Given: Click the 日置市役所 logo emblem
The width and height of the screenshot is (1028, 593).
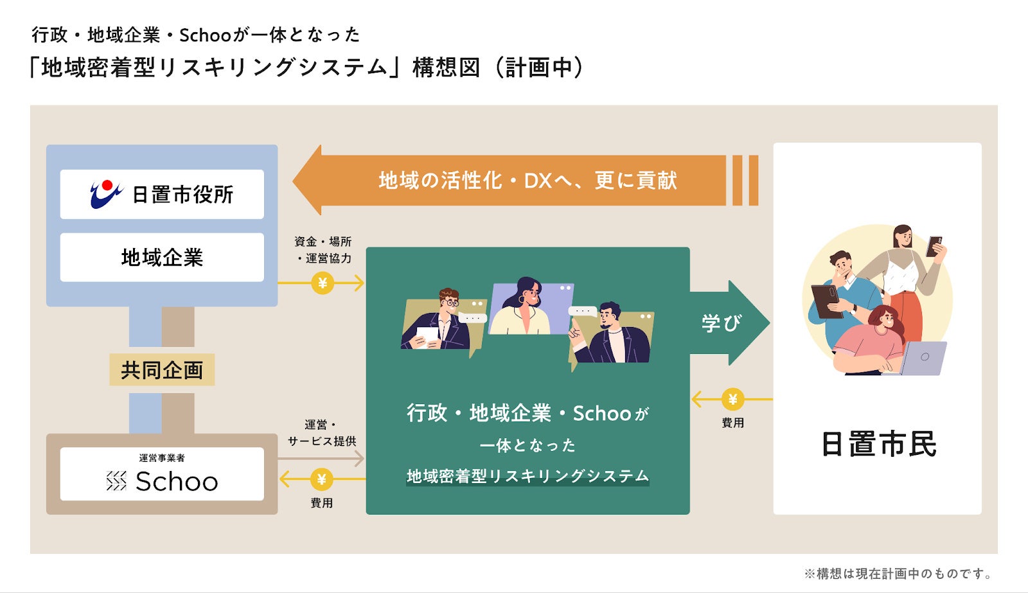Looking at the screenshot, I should tap(106, 194).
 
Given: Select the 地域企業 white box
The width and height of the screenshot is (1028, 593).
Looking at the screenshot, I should tap(162, 257).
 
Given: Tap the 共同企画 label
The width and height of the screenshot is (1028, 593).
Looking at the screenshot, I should tap(162, 370).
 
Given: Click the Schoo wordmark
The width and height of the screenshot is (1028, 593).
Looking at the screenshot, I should tap(177, 482).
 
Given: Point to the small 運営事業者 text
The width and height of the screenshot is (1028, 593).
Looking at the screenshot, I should tap(162, 458).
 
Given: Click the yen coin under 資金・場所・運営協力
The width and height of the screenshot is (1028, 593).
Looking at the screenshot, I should tap(323, 283).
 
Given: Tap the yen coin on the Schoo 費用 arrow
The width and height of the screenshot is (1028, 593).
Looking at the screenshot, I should tap(322, 479).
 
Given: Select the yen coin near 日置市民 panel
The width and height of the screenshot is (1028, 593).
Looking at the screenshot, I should tap(732, 400).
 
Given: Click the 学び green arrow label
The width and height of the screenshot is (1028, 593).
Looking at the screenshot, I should tap(721, 323).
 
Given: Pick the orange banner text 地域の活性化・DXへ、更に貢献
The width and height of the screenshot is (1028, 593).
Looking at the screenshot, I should tap(527, 181).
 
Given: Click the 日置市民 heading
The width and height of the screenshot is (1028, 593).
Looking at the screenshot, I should tap(878, 444).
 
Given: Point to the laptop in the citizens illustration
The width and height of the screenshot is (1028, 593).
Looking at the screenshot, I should tap(923, 358).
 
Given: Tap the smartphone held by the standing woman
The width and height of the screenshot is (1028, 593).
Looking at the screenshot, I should tap(934, 246).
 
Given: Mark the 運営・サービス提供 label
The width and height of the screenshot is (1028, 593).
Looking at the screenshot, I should tap(321, 433).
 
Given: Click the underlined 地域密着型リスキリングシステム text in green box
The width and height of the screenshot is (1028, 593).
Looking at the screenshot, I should tap(527, 476).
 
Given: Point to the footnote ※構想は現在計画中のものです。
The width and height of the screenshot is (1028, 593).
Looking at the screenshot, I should tap(899, 574).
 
